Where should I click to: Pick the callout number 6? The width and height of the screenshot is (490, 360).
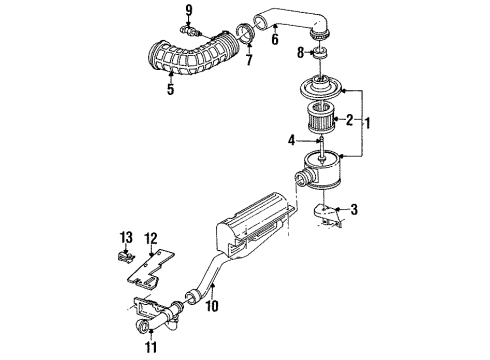click(274, 39)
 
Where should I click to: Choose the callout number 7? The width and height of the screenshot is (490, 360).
click(249, 60)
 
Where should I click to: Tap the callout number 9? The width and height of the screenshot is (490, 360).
click(187, 11)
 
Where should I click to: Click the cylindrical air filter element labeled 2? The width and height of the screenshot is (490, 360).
click(323, 118)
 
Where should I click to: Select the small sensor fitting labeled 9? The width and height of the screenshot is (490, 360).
click(187, 31)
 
